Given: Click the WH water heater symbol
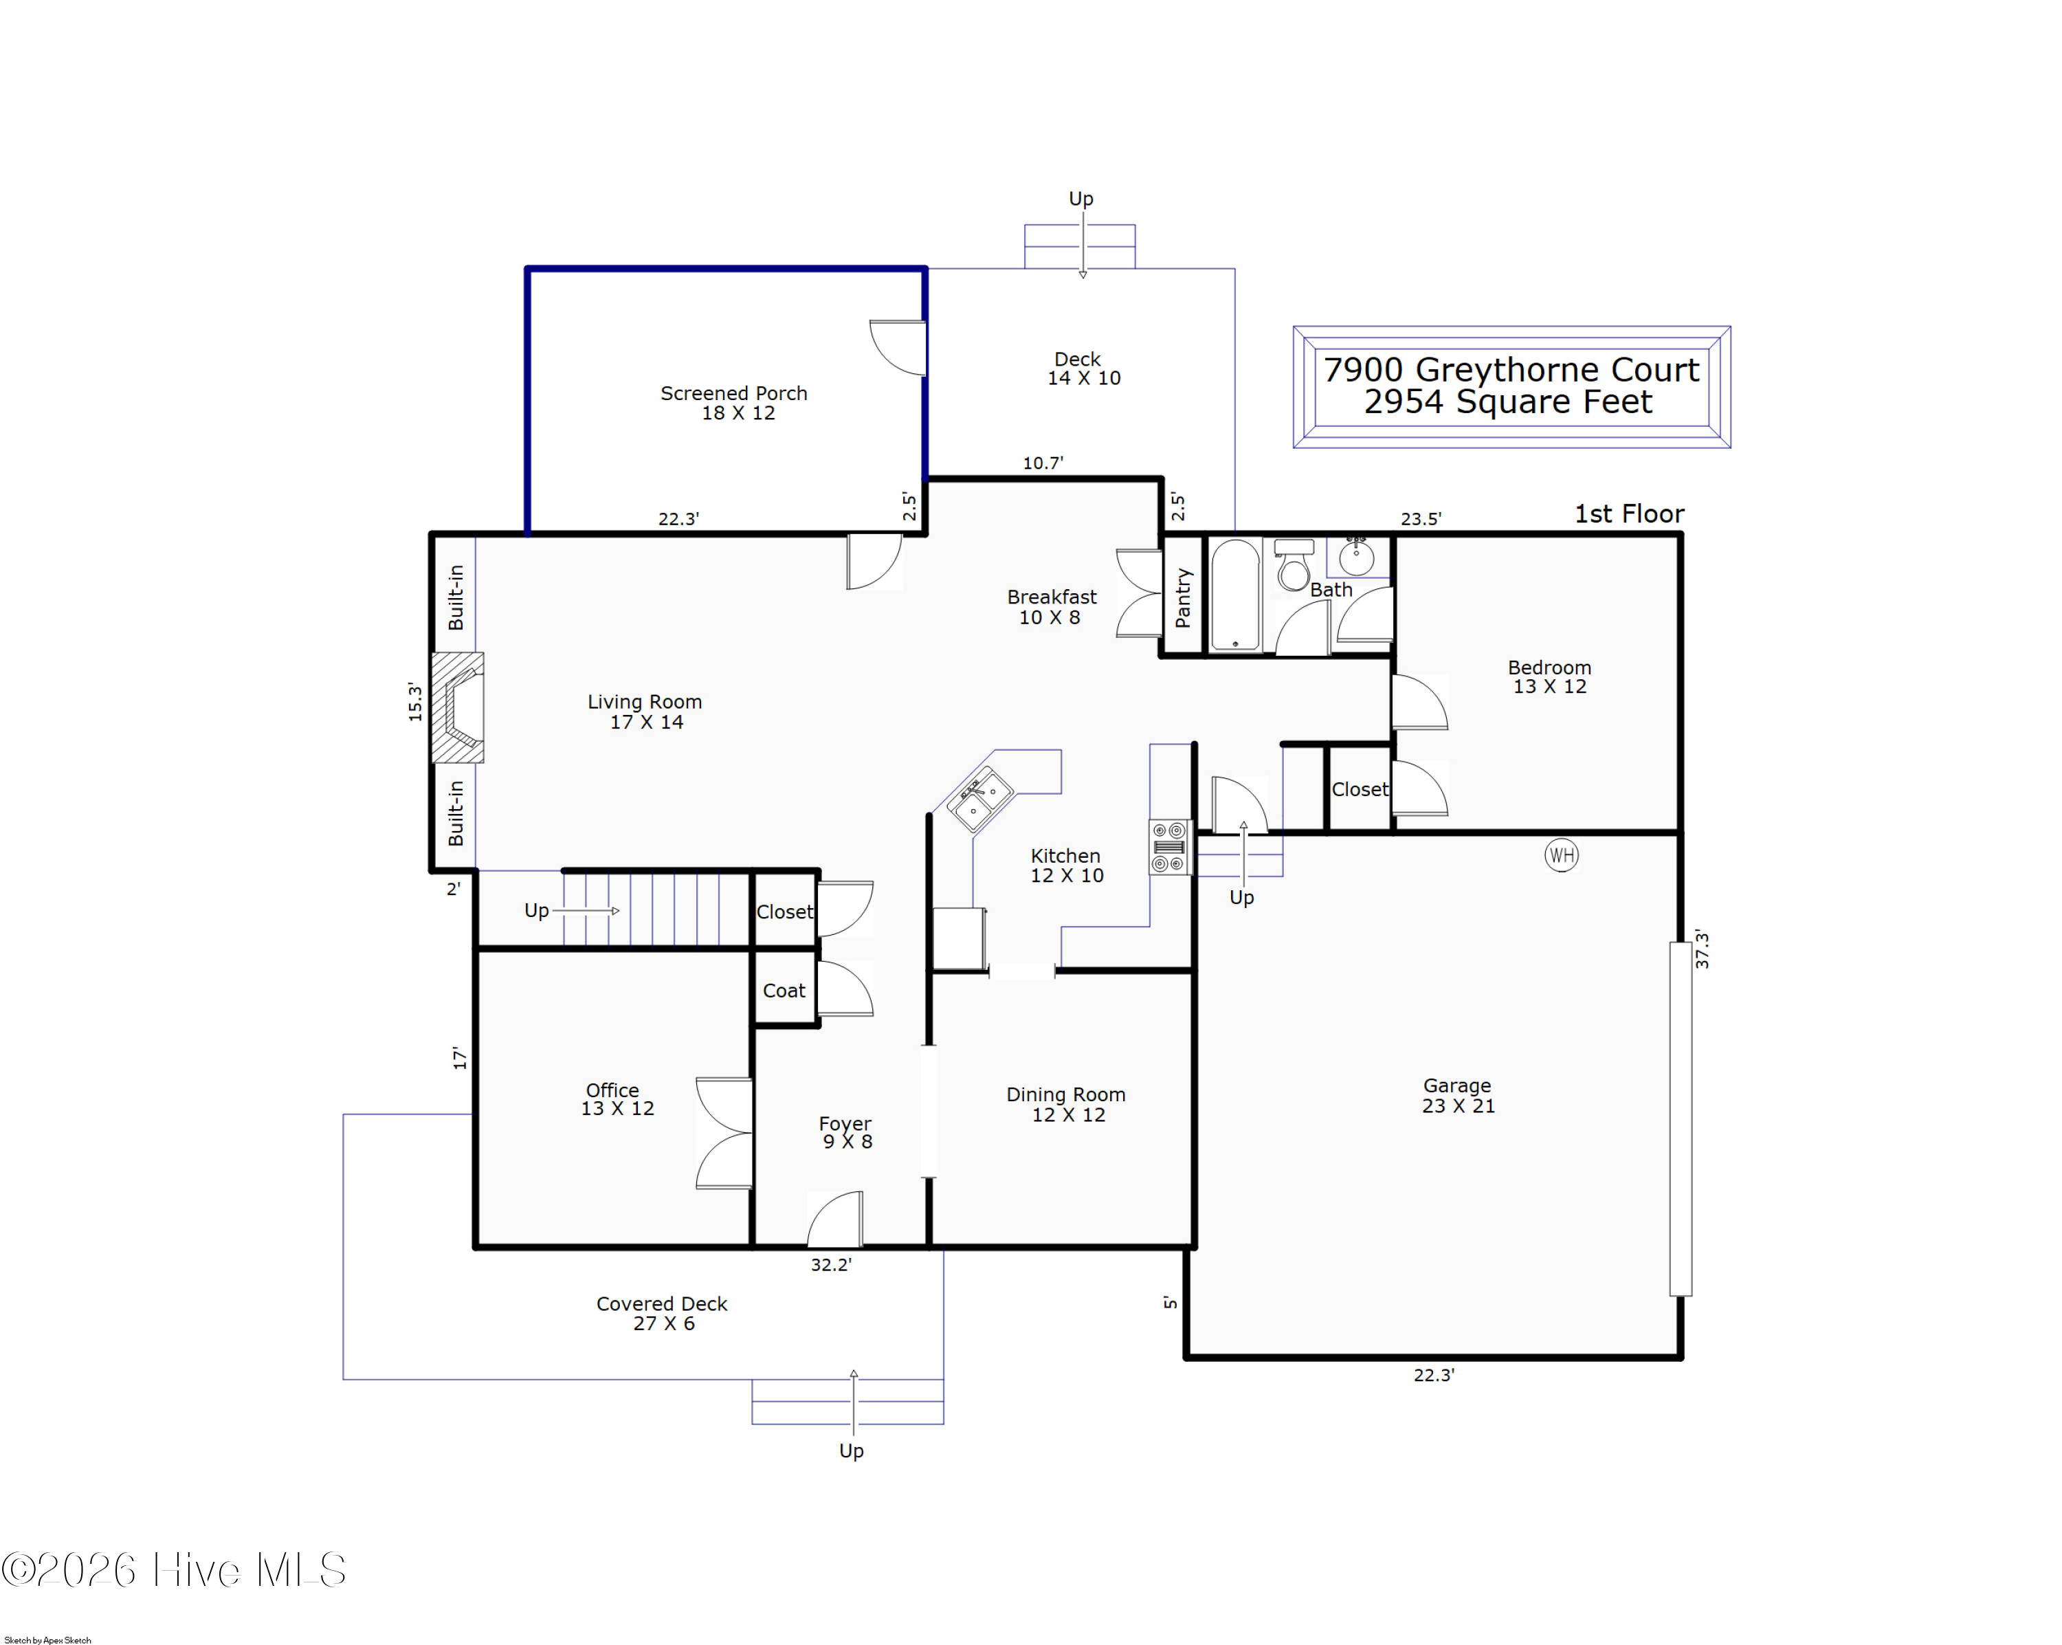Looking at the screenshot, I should click(x=1561, y=855).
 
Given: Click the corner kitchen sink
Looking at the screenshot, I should click(x=980, y=799).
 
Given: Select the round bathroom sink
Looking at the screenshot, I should click(x=1355, y=555).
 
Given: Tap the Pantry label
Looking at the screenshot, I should click(x=1183, y=598).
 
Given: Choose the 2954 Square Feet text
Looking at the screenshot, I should click(x=1507, y=401).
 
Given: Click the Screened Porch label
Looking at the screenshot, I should click(x=733, y=393).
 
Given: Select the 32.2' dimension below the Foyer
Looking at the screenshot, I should click(x=830, y=1264).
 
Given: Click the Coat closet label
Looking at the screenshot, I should click(x=784, y=991).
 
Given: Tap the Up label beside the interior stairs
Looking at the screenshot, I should click(x=537, y=910).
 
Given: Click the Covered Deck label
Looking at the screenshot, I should click(x=662, y=1303).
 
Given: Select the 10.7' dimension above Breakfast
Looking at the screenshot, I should click(x=1043, y=463).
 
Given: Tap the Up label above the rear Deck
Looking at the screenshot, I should click(x=1080, y=198).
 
